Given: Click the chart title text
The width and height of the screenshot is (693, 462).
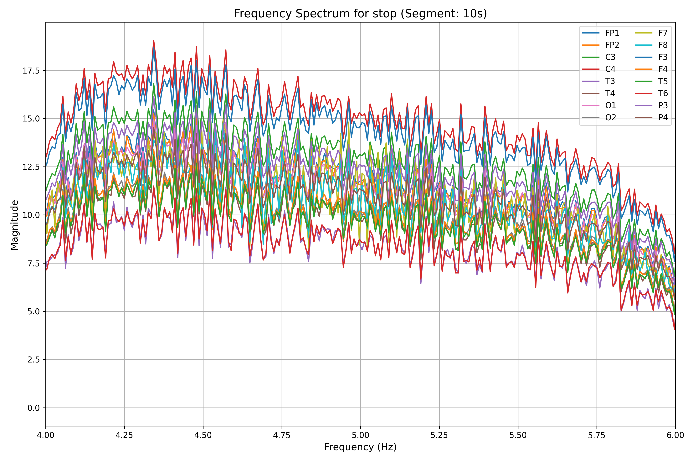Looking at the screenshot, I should click(360, 13).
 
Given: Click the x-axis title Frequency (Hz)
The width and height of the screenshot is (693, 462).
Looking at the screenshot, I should click(360, 447).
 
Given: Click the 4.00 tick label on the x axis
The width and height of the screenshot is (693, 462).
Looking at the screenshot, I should click(46, 435).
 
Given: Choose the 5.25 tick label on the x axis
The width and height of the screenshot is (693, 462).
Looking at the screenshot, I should click(439, 435).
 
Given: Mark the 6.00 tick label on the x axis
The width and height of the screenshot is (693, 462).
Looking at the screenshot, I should click(675, 435).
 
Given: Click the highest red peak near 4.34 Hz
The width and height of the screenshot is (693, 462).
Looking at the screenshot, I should click(153, 41).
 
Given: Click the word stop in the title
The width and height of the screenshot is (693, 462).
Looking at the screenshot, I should click(386, 13).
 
